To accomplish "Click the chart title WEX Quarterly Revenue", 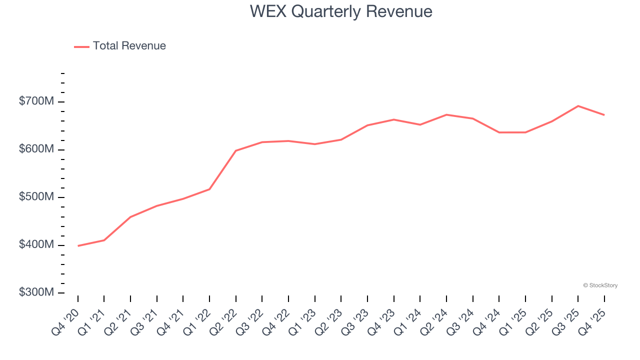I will click(x=341, y=11).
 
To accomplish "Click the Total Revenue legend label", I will click(x=129, y=46).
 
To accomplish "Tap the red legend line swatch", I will click(x=81, y=46).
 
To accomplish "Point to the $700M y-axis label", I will click(x=36, y=101).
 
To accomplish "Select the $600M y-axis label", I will click(x=36, y=149).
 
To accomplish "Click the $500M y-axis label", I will click(x=36, y=197).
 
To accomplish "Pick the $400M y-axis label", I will click(x=36, y=245).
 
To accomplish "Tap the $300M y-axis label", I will click(x=36, y=292).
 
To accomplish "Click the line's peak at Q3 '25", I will click(x=578, y=106).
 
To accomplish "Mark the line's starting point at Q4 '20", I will click(x=78, y=245).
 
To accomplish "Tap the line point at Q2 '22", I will click(x=236, y=150).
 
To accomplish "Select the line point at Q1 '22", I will click(x=209, y=189).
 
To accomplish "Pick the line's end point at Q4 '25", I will click(x=604, y=115).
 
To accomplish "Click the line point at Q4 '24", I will click(x=499, y=132).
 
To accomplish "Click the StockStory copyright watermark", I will click(x=600, y=285).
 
